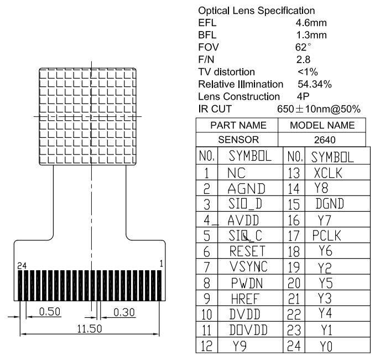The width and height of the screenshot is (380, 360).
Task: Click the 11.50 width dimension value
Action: [x=90, y=328]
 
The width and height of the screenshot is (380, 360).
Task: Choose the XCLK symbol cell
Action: [x=329, y=173]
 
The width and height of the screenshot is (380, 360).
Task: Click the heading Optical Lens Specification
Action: [x=256, y=11]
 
